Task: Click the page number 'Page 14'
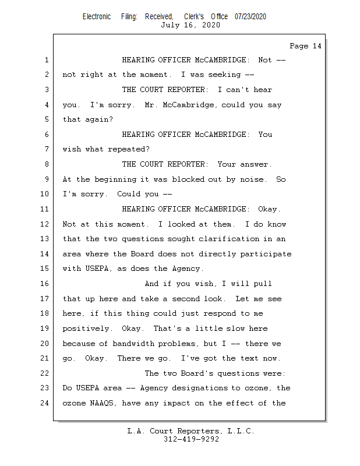(305, 46)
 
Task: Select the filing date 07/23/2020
(250, 17)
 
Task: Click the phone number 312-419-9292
(192, 439)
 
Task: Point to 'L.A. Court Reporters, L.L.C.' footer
(190, 431)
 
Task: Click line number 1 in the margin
(46, 60)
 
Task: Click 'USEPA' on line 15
(85, 269)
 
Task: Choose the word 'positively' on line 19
(86, 329)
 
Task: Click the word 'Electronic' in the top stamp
(97, 17)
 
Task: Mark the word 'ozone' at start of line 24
(74, 403)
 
